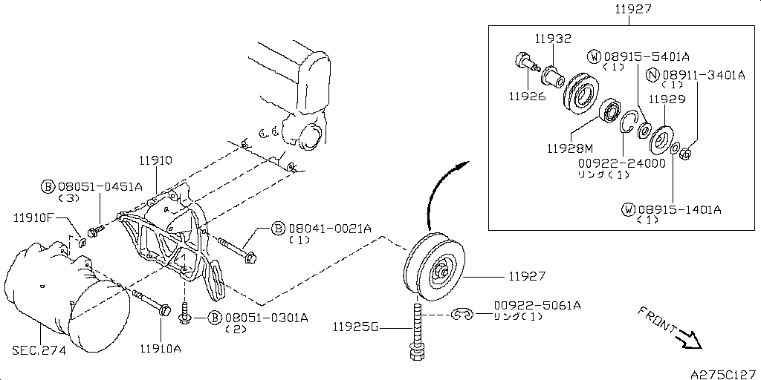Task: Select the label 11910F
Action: pyautogui.click(x=32, y=217)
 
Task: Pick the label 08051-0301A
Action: pyautogui.click(x=266, y=318)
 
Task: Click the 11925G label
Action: pyautogui.click(x=355, y=327)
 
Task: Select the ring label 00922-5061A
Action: pyautogui.click(x=537, y=305)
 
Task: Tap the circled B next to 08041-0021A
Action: pyautogui.click(x=278, y=229)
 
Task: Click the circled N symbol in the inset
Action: pyautogui.click(x=653, y=75)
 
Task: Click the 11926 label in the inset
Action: pyautogui.click(x=527, y=96)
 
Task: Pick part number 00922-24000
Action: pyautogui.click(x=621, y=163)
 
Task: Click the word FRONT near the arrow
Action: pyautogui.click(x=657, y=319)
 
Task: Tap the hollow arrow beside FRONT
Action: pyautogui.click(x=690, y=339)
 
